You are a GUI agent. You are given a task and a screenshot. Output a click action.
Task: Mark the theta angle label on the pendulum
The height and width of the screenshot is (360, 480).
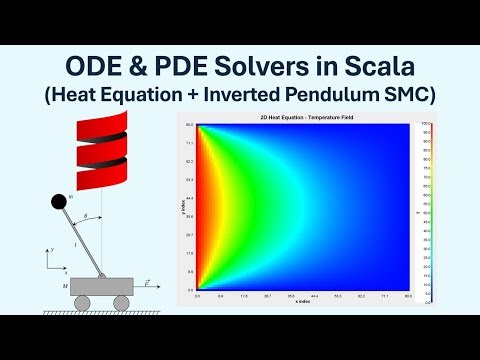86,217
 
